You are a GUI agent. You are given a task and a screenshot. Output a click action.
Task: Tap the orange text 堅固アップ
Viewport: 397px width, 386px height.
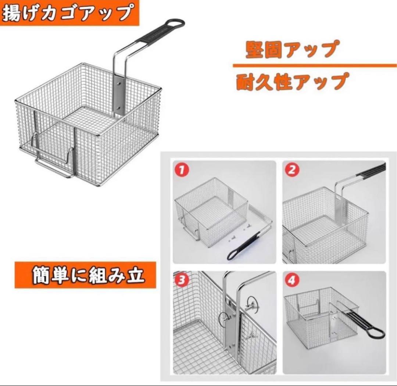pos(291,49)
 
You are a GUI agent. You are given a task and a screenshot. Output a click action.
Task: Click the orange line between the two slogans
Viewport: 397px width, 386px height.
pos(314,66)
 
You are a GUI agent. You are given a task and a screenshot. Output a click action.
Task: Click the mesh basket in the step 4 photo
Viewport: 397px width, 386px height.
pos(316,320)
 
